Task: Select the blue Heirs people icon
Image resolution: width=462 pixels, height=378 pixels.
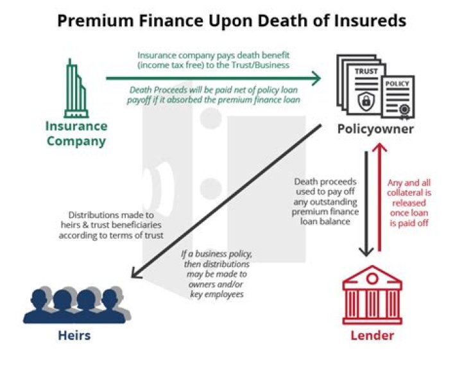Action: click(76, 303)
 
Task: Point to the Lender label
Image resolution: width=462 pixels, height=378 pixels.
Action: click(372, 336)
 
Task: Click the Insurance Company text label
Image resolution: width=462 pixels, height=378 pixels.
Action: click(76, 133)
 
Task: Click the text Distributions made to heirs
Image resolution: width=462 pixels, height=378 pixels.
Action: click(111, 225)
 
